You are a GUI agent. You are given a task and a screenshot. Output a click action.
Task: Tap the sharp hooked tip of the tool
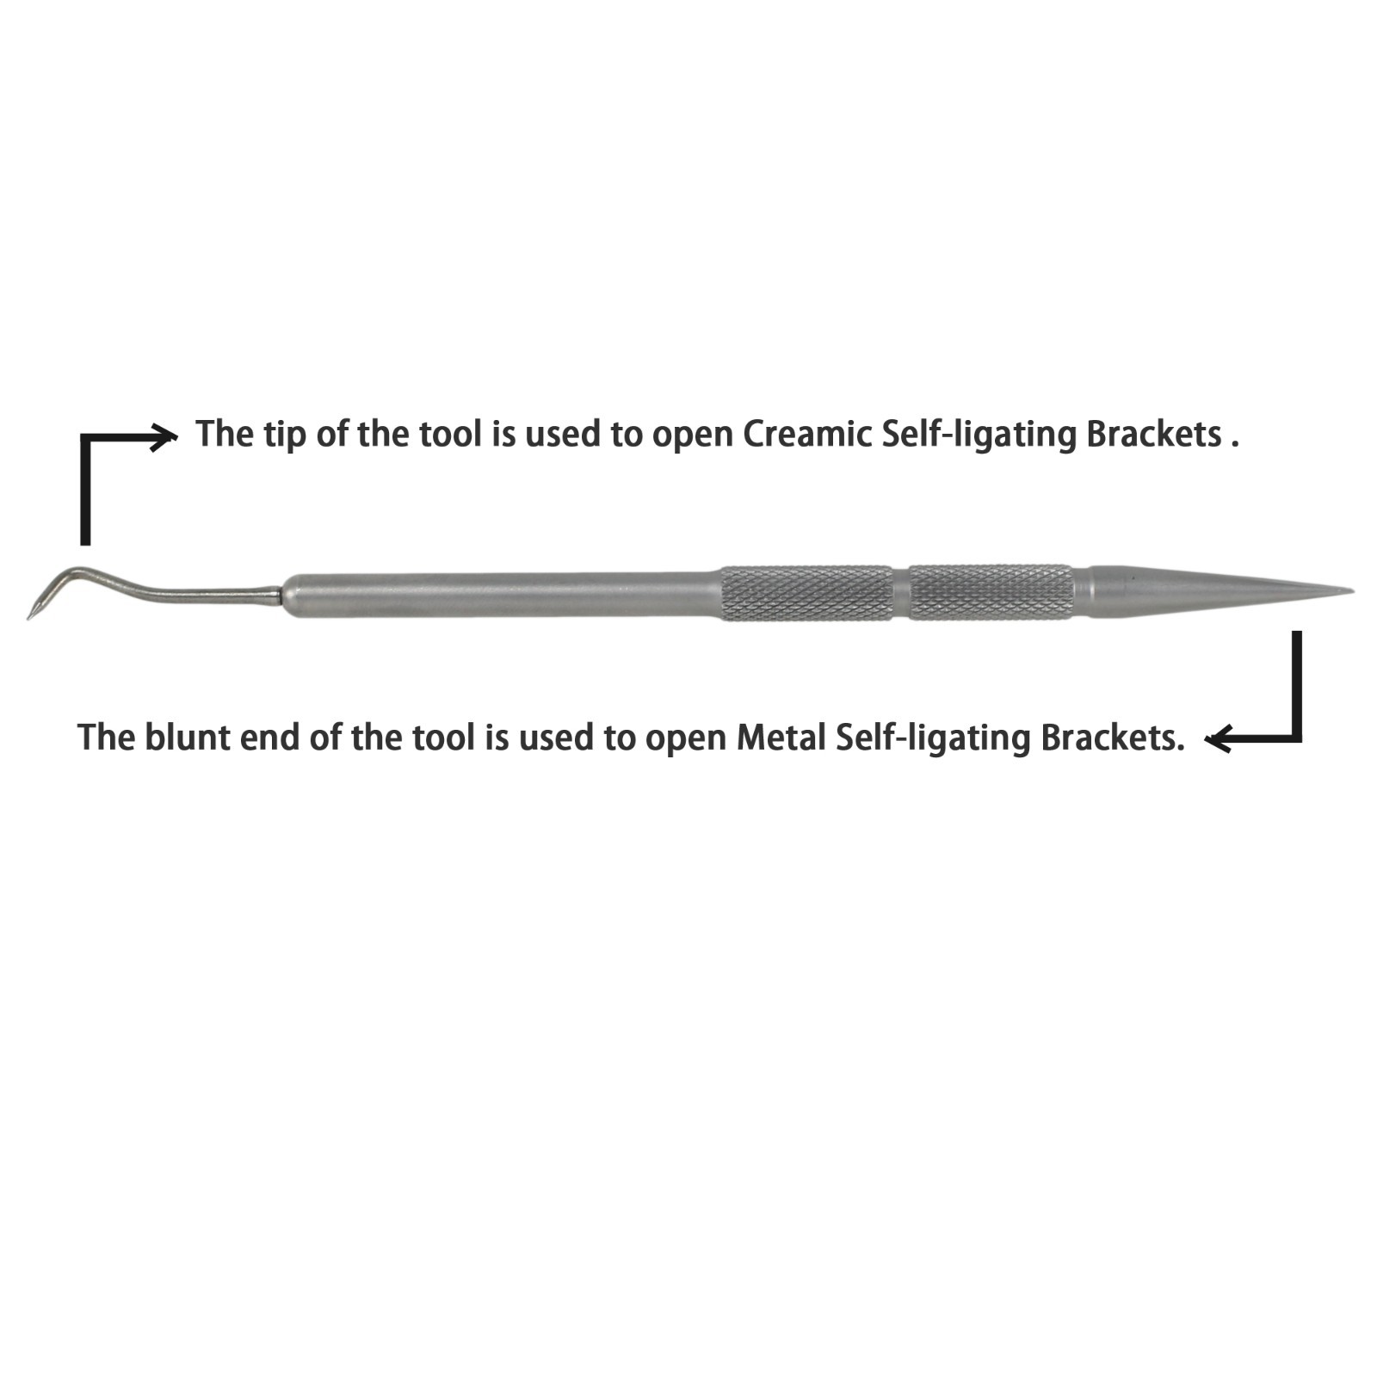click(30, 615)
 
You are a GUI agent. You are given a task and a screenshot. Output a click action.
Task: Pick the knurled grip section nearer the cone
click(991, 592)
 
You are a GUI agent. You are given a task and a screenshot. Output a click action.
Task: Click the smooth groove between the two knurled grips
click(901, 592)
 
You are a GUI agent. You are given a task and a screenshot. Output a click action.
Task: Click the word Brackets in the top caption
click(1154, 434)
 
